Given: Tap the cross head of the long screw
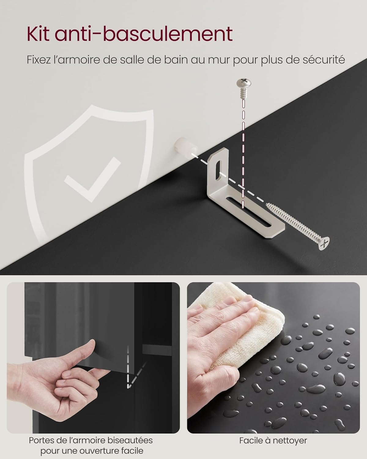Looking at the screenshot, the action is click(x=324, y=243).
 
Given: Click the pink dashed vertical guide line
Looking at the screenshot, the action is click(x=243, y=154).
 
